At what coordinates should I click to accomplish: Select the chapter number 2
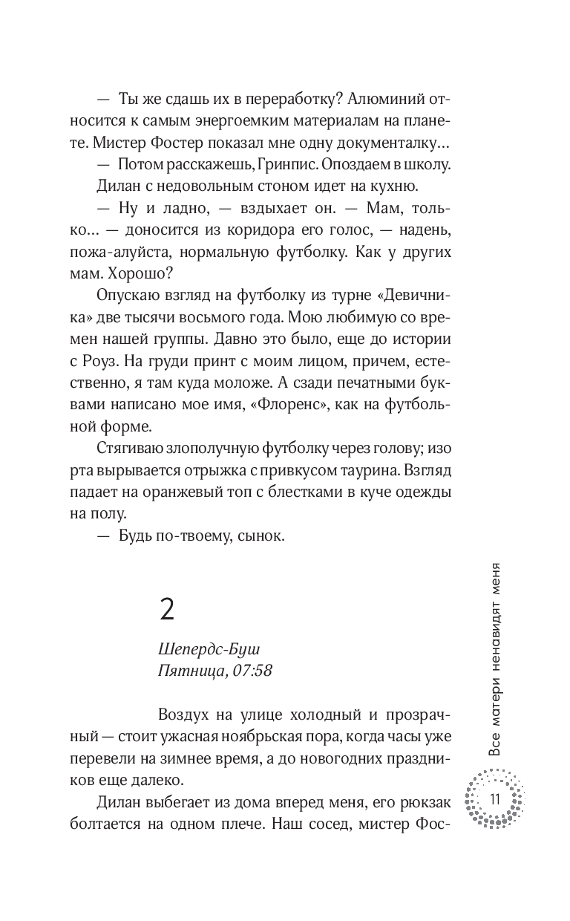(167, 610)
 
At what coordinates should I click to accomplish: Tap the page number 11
(494, 798)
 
